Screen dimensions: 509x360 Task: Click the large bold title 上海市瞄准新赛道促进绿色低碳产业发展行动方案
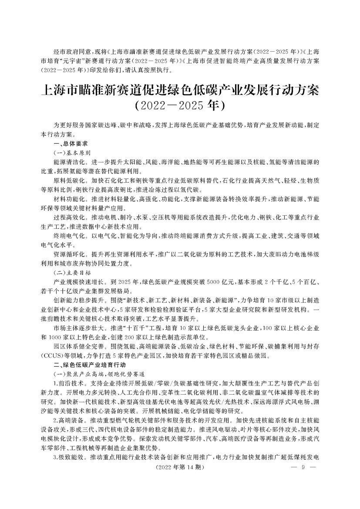[180, 91]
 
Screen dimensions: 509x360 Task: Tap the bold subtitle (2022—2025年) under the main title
[180, 106]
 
